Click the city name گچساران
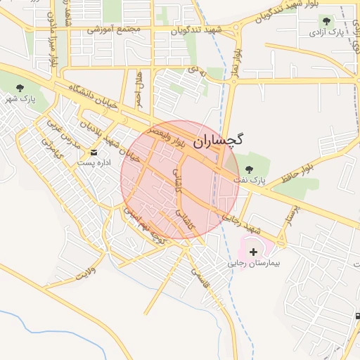(217, 140)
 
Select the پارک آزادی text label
(332, 33)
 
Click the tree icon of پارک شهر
(20, 86)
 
